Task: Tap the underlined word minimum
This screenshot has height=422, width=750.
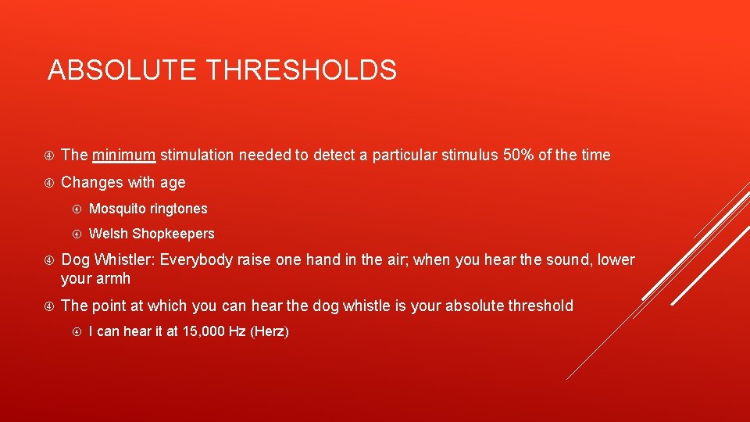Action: tap(124, 155)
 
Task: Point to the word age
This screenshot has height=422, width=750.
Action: tap(173, 183)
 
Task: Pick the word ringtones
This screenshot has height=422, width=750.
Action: tap(179, 209)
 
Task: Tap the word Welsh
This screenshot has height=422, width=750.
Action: tap(109, 234)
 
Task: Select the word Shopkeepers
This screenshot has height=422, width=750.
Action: tap(173, 234)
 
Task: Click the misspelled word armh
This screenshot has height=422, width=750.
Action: tap(114, 278)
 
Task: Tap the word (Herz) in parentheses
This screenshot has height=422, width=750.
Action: tap(270, 331)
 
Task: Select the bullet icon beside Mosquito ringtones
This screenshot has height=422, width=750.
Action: tap(77, 209)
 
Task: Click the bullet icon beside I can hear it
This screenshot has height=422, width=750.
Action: tap(77, 331)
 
